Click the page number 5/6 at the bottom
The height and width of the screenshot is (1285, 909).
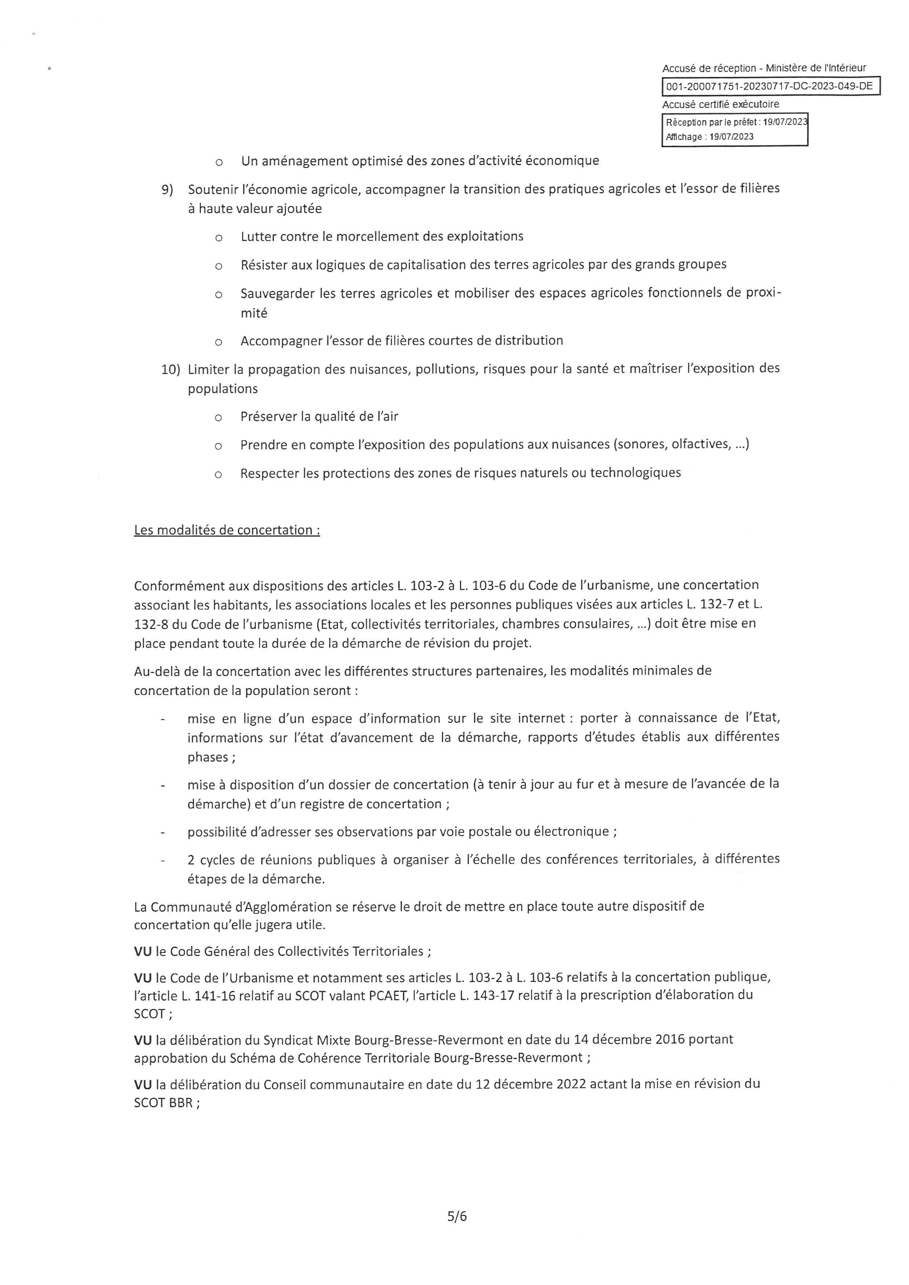pos(457,1216)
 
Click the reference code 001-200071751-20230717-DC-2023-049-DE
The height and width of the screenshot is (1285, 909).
pos(770,87)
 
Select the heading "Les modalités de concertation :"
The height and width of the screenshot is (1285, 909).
pos(227,530)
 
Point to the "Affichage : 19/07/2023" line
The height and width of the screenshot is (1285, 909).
pos(709,137)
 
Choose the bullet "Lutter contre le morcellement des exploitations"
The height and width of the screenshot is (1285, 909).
pos(382,236)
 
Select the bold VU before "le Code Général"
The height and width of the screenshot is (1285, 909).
pos(143,952)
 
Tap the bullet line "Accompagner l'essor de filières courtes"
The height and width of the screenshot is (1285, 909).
pos(401,341)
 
